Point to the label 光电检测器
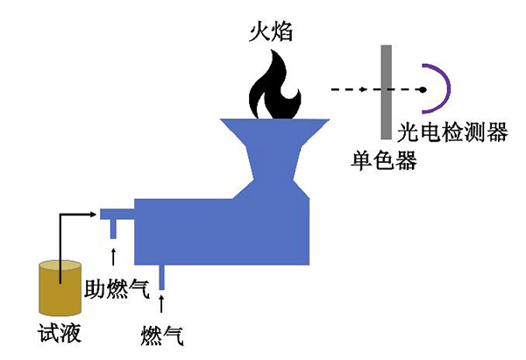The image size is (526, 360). pos(451,132)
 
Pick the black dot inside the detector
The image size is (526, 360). pos(423,90)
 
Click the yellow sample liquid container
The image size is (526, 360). pos(58,287)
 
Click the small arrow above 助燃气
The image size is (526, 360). pos(114,256)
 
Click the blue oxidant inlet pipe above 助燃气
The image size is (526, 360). pos(114,228)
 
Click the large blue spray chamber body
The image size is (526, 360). pos(219,230)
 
